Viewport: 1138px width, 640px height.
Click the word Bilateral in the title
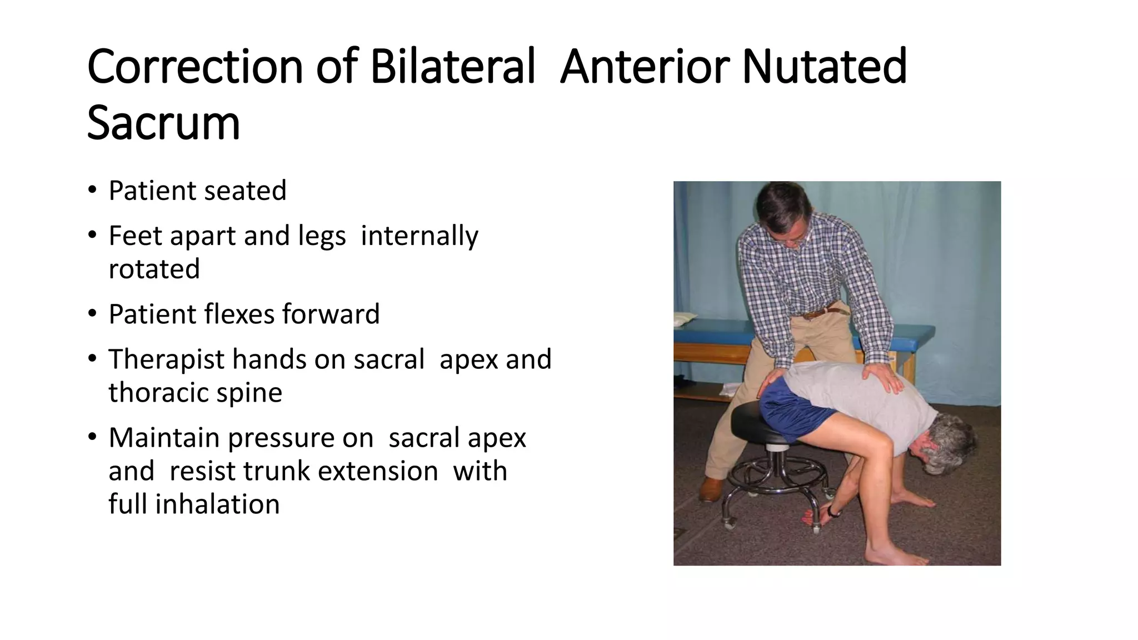coord(452,67)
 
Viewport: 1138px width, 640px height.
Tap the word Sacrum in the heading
coord(163,123)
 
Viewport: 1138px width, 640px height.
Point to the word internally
coord(419,236)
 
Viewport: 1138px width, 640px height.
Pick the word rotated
coord(154,269)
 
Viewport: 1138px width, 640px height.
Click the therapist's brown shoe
coord(711,488)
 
